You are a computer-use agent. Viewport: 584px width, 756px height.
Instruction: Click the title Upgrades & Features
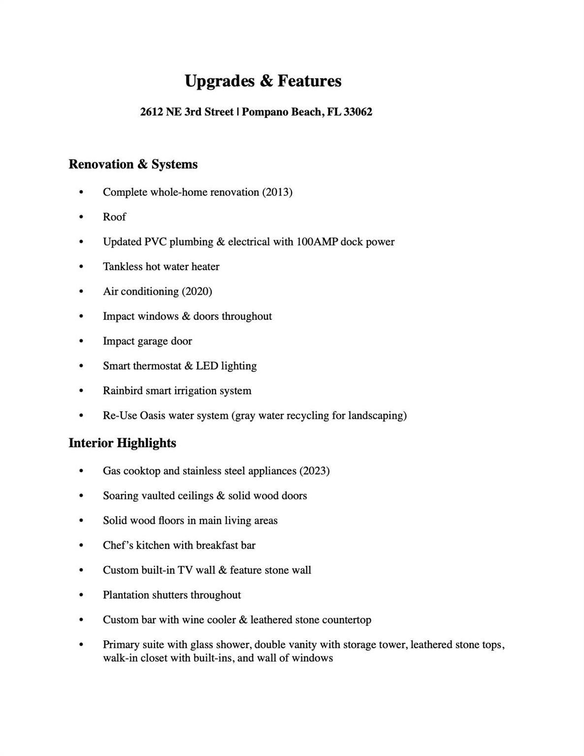[262, 81]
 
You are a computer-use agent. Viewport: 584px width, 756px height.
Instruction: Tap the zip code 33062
[358, 112]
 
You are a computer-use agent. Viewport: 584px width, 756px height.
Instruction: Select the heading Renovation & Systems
[133, 164]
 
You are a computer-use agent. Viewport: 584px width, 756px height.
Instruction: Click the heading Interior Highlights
[122, 443]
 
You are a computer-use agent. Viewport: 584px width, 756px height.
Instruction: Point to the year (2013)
[277, 192]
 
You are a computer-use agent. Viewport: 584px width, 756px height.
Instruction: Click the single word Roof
[114, 217]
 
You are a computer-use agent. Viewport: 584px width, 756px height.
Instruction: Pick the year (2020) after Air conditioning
[197, 291]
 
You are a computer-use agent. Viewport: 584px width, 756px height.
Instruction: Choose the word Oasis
[153, 415]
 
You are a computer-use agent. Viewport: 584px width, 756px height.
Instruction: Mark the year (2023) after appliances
[315, 471]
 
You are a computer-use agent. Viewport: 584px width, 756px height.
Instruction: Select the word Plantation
[126, 595]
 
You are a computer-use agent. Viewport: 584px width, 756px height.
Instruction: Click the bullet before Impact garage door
[81, 341]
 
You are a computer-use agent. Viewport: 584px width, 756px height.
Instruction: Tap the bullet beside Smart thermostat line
[81, 366]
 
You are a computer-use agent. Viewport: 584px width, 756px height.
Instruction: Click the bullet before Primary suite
[81, 645]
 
